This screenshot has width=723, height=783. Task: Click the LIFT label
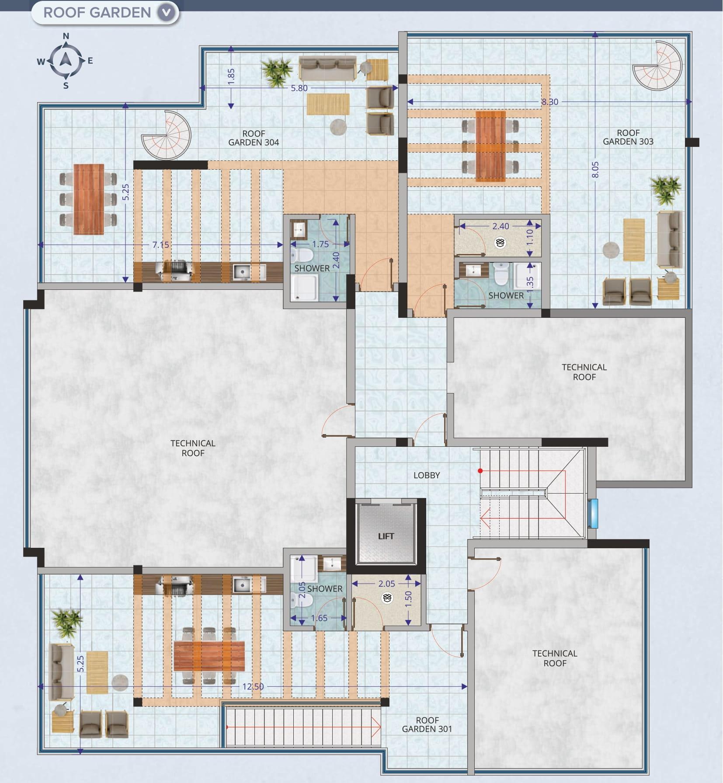click(386, 536)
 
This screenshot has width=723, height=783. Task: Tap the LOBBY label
click(427, 475)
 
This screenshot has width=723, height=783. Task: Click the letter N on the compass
click(66, 36)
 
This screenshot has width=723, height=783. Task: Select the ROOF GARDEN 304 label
click(254, 138)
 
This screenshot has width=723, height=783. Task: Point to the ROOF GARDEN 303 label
click(628, 137)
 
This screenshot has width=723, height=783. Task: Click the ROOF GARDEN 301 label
click(427, 724)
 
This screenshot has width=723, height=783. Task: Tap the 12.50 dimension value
click(253, 686)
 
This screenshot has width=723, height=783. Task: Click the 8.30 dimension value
click(549, 102)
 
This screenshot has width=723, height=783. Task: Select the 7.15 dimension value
click(160, 245)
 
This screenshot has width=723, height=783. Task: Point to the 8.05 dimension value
click(595, 170)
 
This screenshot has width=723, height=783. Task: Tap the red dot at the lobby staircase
click(480, 471)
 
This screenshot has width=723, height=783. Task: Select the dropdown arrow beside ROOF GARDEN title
click(166, 13)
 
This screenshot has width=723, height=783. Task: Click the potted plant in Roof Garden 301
click(67, 621)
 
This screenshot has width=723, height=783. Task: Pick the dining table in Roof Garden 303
click(490, 146)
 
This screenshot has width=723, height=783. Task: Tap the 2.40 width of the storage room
click(501, 226)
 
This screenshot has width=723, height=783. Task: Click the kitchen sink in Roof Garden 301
click(241, 585)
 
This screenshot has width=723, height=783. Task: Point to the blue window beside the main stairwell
click(593, 513)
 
